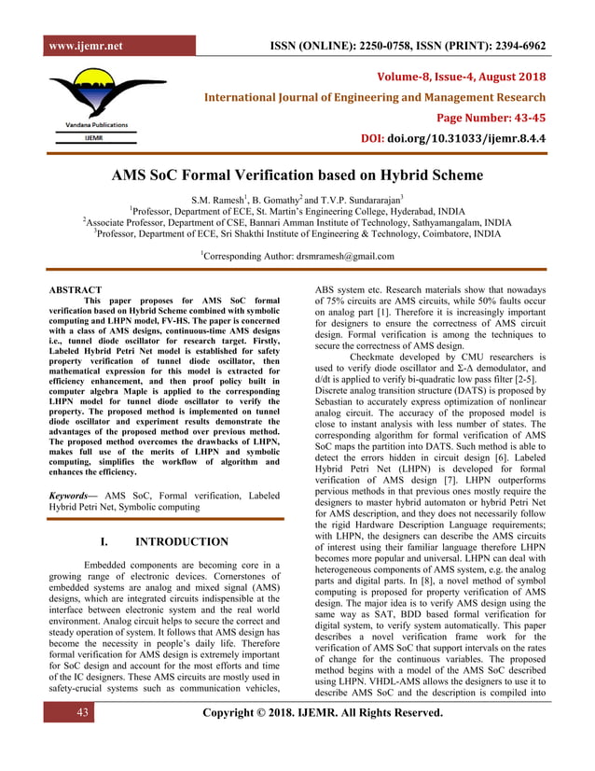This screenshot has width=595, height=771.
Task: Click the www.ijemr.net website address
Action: [85, 46]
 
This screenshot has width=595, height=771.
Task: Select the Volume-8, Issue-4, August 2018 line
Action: [461, 76]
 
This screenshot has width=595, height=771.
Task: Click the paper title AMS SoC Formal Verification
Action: [297, 175]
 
